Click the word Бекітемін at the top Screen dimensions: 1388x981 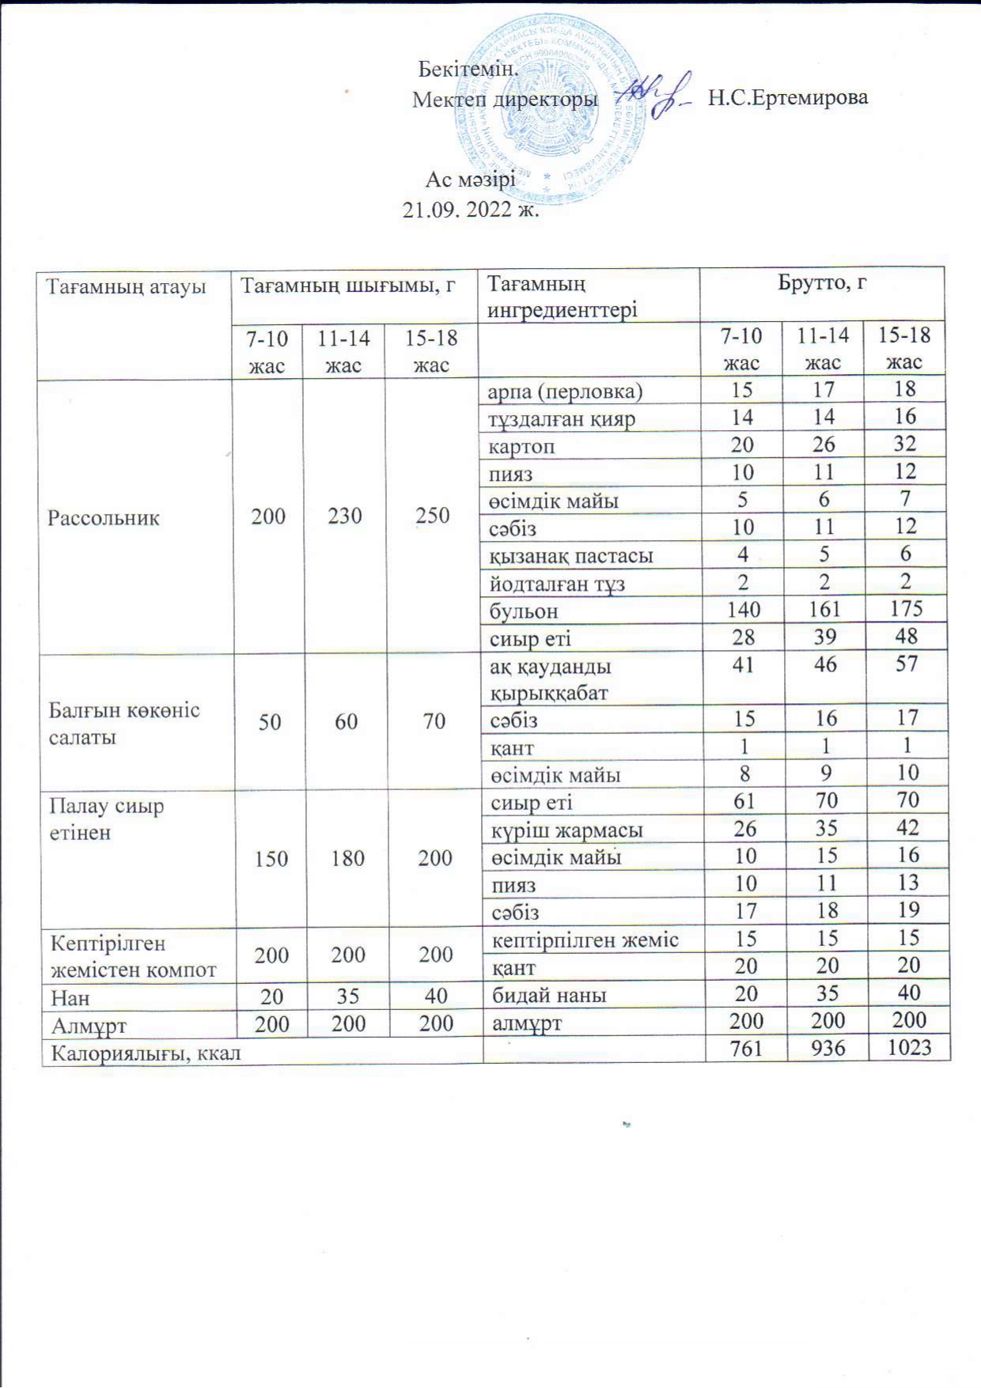coord(468,69)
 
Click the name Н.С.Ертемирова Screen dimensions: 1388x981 coord(787,98)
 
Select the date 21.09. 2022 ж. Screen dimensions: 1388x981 coord(471,210)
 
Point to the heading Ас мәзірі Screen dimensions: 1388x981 coord(471,180)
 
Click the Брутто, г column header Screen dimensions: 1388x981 coord(821,282)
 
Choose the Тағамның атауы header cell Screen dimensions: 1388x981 coord(126,286)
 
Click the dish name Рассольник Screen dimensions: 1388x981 coord(104,518)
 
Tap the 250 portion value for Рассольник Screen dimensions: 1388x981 coord(432,516)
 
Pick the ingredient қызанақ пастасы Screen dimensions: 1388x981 coord(570,556)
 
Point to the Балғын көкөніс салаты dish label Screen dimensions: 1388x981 coord(124,723)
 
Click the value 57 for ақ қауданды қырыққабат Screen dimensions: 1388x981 coord(907,664)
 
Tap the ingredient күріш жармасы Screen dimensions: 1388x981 coord(566,830)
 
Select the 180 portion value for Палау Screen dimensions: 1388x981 coord(347,858)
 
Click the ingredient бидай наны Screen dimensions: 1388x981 coord(549,995)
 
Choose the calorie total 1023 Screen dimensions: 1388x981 coord(909,1048)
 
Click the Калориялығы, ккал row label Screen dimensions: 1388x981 coord(146,1053)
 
